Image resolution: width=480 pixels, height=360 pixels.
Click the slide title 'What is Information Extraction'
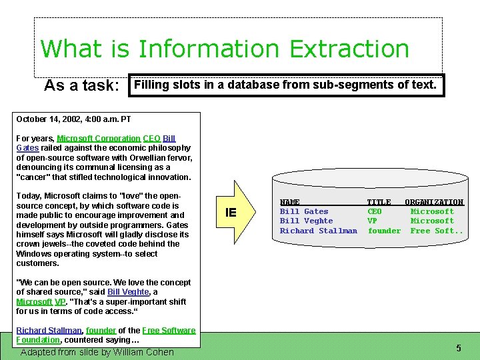[225, 49]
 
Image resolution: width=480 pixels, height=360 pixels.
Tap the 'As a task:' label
[81, 86]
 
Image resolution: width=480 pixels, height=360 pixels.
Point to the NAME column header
[290, 202]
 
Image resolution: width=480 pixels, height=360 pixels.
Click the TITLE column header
[379, 202]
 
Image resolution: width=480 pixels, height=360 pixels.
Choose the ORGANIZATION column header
[434, 202]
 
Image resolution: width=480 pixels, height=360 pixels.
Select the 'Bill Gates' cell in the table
[304, 211]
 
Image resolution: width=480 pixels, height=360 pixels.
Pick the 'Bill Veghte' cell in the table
[306, 221]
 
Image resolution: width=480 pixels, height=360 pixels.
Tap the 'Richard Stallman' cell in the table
[318, 231]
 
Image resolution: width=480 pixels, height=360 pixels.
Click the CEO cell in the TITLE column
[375, 211]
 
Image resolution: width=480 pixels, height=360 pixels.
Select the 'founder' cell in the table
[384, 231]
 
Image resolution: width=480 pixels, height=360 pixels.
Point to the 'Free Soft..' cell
[437, 231]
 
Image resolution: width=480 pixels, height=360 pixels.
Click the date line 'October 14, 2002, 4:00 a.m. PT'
[73, 119]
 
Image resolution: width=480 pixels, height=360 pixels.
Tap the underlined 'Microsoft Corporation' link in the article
[99, 139]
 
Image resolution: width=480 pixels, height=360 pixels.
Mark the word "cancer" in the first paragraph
[37, 177]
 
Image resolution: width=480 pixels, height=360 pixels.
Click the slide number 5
[459, 348]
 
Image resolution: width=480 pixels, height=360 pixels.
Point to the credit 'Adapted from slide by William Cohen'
[97, 352]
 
